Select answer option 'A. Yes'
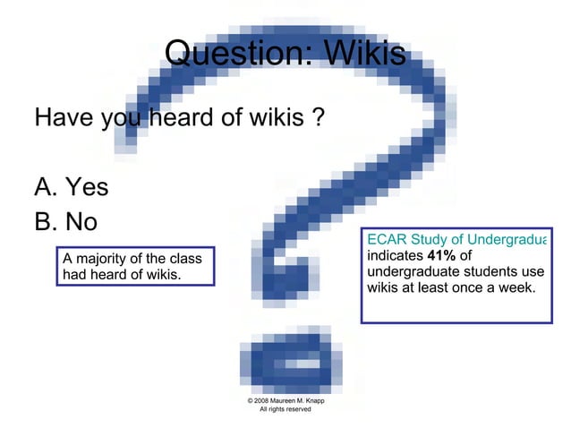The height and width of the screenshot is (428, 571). [x=71, y=187]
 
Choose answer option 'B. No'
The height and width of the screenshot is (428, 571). [x=65, y=220]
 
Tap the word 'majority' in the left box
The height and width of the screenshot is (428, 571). [x=102, y=259]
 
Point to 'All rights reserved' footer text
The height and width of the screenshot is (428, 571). [x=285, y=409]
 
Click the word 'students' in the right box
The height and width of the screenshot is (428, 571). [x=488, y=271]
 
